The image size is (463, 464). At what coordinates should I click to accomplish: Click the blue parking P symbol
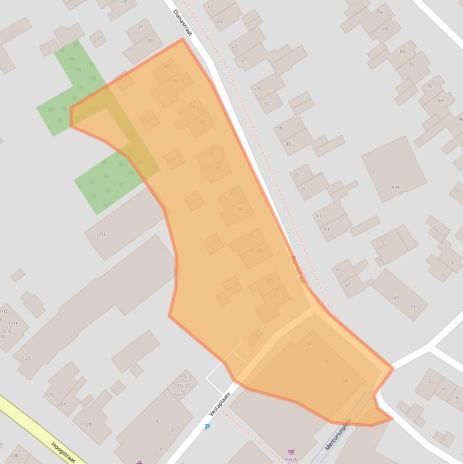(208, 427)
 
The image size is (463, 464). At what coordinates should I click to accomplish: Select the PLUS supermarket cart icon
(291, 452)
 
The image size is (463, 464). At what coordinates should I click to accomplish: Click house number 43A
(396, 187)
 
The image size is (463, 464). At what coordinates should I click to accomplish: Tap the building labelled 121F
(100, 234)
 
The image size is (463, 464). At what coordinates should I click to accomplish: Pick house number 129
(88, 424)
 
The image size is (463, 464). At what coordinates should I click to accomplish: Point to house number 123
(26, 358)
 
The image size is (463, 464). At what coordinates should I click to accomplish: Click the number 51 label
(413, 307)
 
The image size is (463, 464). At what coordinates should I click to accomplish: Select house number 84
(380, 11)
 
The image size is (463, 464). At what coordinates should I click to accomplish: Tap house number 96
(460, 119)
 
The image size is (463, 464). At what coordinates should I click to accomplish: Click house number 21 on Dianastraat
(210, 6)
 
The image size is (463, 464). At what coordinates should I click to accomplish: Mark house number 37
(296, 175)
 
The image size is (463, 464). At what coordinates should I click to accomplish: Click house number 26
(141, 27)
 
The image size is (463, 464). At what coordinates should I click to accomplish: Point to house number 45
(339, 269)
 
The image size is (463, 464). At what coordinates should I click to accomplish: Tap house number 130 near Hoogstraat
(14, 455)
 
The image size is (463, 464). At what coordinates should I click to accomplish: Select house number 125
(49, 395)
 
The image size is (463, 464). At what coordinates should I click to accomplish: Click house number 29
(257, 89)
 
